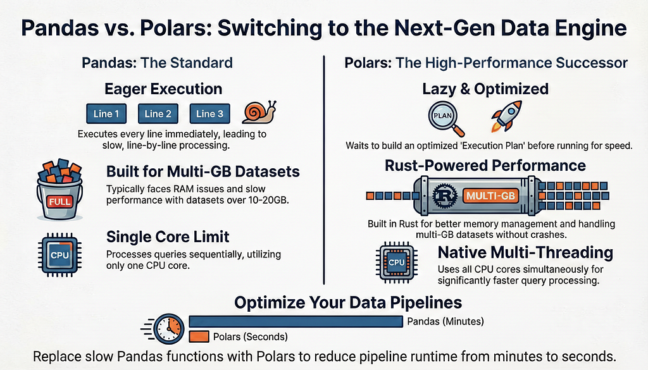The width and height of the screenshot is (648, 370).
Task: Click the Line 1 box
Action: pos(106,114)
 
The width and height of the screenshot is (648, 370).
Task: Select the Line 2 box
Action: pos(158,114)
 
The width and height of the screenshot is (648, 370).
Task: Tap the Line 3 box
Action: pos(209,114)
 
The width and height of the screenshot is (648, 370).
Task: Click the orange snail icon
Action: pos(259,112)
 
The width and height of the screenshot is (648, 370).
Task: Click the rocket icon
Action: pos(506,116)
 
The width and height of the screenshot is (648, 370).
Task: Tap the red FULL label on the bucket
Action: pos(59,202)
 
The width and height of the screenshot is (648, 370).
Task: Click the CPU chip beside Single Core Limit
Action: pos(59,255)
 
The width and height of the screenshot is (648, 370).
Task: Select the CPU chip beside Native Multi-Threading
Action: pos(396,262)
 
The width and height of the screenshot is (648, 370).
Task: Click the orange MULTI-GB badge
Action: pos(490,195)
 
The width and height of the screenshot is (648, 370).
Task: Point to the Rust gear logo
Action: pos(445,195)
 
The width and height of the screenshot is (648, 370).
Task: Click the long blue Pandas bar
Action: pos(296,321)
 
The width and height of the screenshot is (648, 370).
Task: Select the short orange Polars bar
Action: pos(199,336)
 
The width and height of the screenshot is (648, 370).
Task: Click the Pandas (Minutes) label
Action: pos(445,321)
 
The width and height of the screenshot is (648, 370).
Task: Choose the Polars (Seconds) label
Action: pos(251,336)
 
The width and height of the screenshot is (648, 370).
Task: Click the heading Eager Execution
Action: pos(163,89)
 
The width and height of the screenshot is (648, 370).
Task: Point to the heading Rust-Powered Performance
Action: pos(485,165)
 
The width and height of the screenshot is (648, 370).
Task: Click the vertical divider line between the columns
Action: pos(324,170)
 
